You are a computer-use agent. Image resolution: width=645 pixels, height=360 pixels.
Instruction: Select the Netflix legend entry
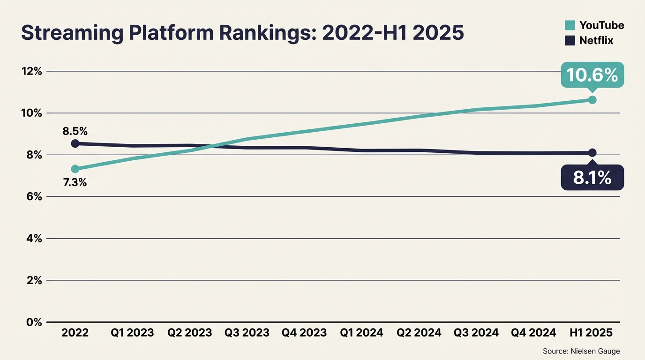coord(589,40)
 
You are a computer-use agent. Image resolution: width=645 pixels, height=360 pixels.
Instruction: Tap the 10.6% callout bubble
coord(592,75)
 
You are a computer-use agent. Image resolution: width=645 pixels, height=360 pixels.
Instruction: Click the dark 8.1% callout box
coord(592,178)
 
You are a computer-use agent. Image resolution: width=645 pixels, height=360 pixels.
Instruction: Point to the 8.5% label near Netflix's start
coord(75,131)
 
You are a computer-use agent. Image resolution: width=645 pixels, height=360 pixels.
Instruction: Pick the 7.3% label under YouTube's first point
coord(75,183)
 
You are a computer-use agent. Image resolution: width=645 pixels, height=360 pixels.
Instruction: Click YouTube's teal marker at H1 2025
coord(592,100)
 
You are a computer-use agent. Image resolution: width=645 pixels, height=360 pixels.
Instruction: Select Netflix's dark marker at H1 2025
coord(592,152)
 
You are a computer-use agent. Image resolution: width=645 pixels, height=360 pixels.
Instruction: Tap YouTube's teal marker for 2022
coord(75,169)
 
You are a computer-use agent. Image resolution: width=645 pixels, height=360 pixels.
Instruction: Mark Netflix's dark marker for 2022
coord(75,143)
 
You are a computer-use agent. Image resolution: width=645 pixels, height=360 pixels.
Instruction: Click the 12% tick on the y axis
coord(31,72)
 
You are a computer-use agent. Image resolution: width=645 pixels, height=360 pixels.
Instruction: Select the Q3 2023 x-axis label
coord(247,333)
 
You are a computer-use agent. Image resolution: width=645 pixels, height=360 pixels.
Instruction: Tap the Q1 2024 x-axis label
coord(361,333)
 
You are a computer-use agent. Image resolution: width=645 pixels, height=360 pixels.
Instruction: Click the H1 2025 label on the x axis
coord(591,333)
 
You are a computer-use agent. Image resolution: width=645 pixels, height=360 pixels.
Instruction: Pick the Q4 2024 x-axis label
coord(533,333)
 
